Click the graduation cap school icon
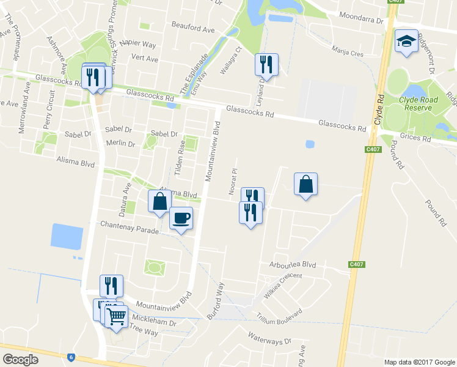pyautogui.click(x=406, y=42)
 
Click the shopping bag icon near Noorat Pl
pyautogui.click(x=305, y=183)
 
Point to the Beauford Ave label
pyautogui.click(x=193, y=29)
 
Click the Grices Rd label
pyautogui.click(x=415, y=138)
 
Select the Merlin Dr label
pyautogui.click(x=120, y=143)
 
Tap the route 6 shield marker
pyautogui.click(x=71, y=357)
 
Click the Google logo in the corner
pyautogui.click(x=20, y=360)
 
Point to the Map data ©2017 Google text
pyautogui.click(x=419, y=362)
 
